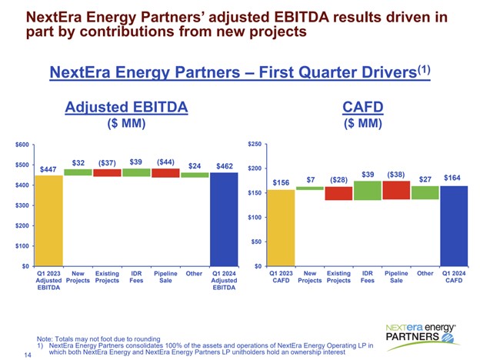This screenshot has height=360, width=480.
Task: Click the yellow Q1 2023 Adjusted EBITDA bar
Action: (50, 220)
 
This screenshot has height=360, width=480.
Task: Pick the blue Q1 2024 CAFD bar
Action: (454, 225)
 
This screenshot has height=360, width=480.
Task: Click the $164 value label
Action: (454, 178)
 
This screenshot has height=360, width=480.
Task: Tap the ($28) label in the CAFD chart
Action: (338, 179)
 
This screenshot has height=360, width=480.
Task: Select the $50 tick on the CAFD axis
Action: (258, 242)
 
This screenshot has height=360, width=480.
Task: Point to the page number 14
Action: (28, 355)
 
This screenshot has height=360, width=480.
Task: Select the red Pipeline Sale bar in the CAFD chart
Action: (397, 190)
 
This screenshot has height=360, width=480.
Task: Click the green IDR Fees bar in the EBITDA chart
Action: (137, 172)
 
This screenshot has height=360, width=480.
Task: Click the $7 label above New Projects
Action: (310, 179)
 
